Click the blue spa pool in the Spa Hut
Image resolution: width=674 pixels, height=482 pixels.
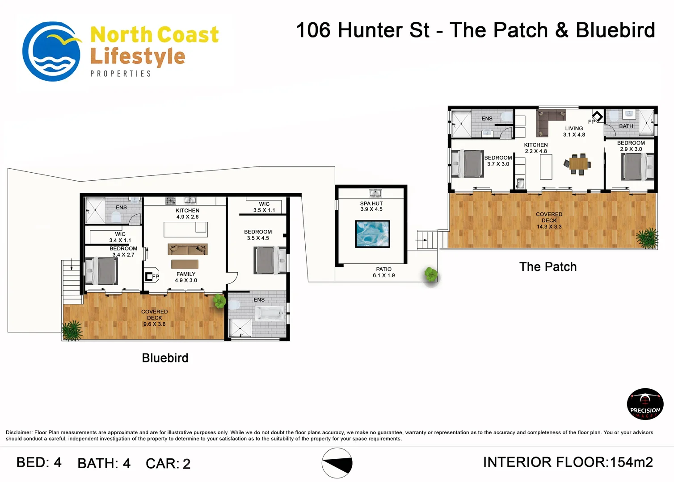click(x=372, y=234)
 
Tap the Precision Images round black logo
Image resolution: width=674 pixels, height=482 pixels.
click(x=645, y=403)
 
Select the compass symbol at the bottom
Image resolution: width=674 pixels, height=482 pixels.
click(x=337, y=463)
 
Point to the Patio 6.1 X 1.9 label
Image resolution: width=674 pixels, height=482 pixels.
click(x=383, y=272)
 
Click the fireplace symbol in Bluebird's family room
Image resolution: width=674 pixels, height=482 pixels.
click(x=149, y=276)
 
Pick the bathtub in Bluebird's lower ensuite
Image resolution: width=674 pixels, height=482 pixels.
click(x=270, y=313)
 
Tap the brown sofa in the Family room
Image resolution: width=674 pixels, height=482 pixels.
click(x=188, y=249)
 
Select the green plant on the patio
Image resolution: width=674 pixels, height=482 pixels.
click(x=431, y=274)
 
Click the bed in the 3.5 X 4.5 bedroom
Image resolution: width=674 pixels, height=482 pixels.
click(x=270, y=260)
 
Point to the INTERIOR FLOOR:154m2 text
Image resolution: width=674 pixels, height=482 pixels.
click(x=568, y=462)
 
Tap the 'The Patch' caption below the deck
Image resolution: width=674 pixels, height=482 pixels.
click(x=548, y=267)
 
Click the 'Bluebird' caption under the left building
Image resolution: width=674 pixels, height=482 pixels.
click(x=165, y=358)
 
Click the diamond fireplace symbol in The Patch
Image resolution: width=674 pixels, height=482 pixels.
click(x=598, y=116)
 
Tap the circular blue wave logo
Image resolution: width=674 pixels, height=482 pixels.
click(x=51, y=51)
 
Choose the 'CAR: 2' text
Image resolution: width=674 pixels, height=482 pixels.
click(x=168, y=463)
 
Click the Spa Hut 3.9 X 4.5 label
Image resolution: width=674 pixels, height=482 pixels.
click(x=371, y=207)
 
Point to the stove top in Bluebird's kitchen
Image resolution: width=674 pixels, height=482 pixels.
click(x=171, y=201)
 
